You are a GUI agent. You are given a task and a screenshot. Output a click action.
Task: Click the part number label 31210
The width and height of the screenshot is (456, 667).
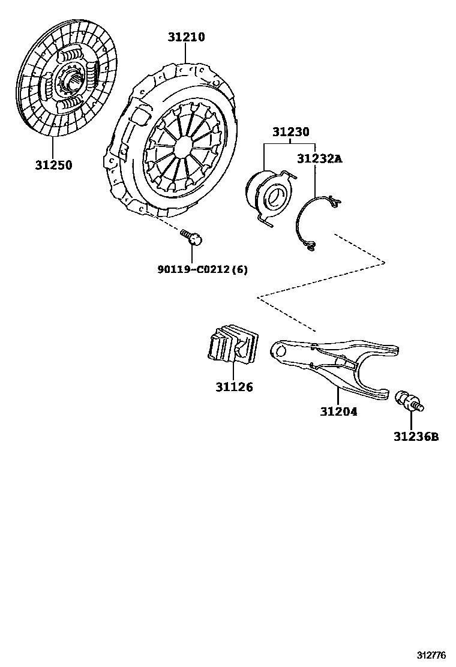point(186,37)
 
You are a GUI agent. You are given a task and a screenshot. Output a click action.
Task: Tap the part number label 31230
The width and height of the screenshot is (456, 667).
point(290,133)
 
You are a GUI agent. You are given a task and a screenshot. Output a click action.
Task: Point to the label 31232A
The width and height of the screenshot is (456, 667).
point(319,158)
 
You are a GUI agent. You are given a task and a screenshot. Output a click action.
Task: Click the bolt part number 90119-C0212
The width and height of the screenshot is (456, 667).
point(193,269)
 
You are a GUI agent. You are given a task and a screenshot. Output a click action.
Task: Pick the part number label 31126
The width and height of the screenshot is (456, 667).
point(234,387)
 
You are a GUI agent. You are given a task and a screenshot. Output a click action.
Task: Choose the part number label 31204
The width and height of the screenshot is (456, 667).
point(338,411)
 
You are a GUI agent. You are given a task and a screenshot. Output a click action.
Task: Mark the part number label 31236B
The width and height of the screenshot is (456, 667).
point(416,437)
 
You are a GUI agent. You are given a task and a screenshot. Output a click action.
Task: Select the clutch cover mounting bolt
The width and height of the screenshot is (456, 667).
point(192,238)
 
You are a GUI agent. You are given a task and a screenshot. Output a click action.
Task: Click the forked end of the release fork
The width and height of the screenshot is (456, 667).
point(375,372)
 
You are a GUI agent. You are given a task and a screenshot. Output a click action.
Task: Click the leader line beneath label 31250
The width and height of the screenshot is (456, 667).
point(52,147)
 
